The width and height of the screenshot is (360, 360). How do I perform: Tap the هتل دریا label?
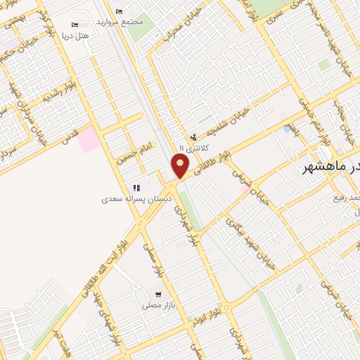[75, 34]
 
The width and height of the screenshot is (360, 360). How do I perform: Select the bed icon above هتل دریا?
[76, 25]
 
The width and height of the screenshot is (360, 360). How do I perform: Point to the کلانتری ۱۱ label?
[191, 148]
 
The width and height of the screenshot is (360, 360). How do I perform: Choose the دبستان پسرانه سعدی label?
[134, 199]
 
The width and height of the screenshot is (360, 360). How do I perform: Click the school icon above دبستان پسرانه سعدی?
[136, 188]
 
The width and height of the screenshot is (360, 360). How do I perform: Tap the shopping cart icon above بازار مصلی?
[158, 295]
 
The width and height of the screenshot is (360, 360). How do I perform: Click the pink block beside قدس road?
[88, 139]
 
